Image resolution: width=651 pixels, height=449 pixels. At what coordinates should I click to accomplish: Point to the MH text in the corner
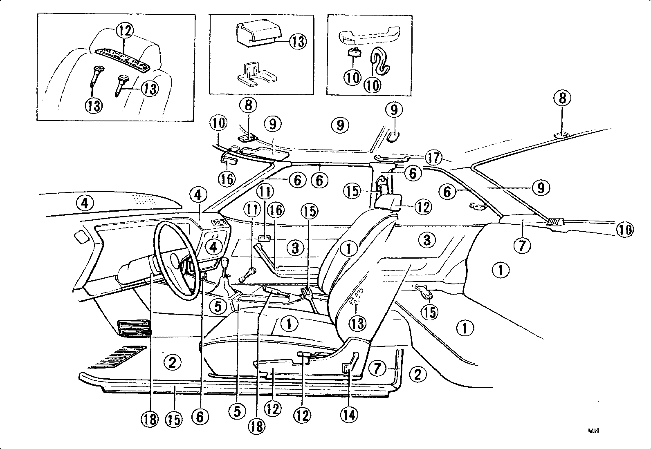[x=593, y=430]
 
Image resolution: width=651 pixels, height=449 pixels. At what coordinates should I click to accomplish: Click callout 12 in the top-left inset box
[x=124, y=31]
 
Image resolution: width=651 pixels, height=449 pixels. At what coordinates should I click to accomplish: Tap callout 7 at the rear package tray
[x=523, y=246]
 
